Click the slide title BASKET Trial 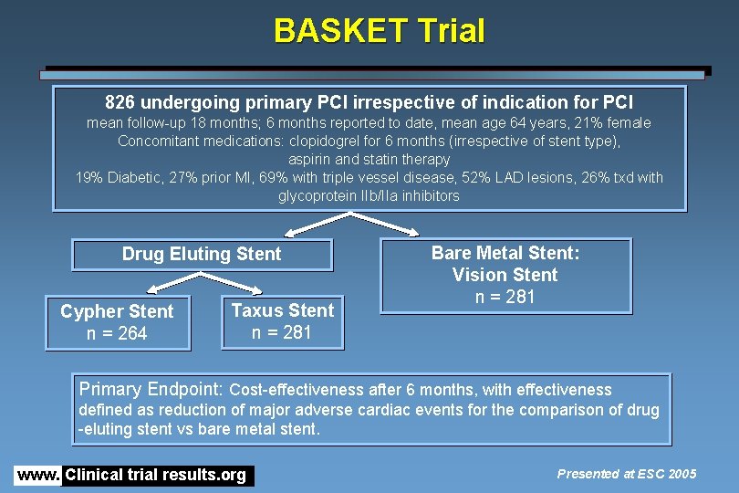(x=379, y=31)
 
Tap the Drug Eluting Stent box (x=202, y=255)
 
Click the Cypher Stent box (x=117, y=322)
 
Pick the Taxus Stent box (x=283, y=321)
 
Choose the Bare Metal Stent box (x=505, y=275)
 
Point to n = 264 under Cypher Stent (x=117, y=334)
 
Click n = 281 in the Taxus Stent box (x=283, y=333)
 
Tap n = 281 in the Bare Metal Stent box (x=505, y=297)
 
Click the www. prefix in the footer (x=37, y=475)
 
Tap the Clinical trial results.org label (x=156, y=475)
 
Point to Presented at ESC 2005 (x=626, y=473)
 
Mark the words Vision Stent (x=505, y=275)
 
